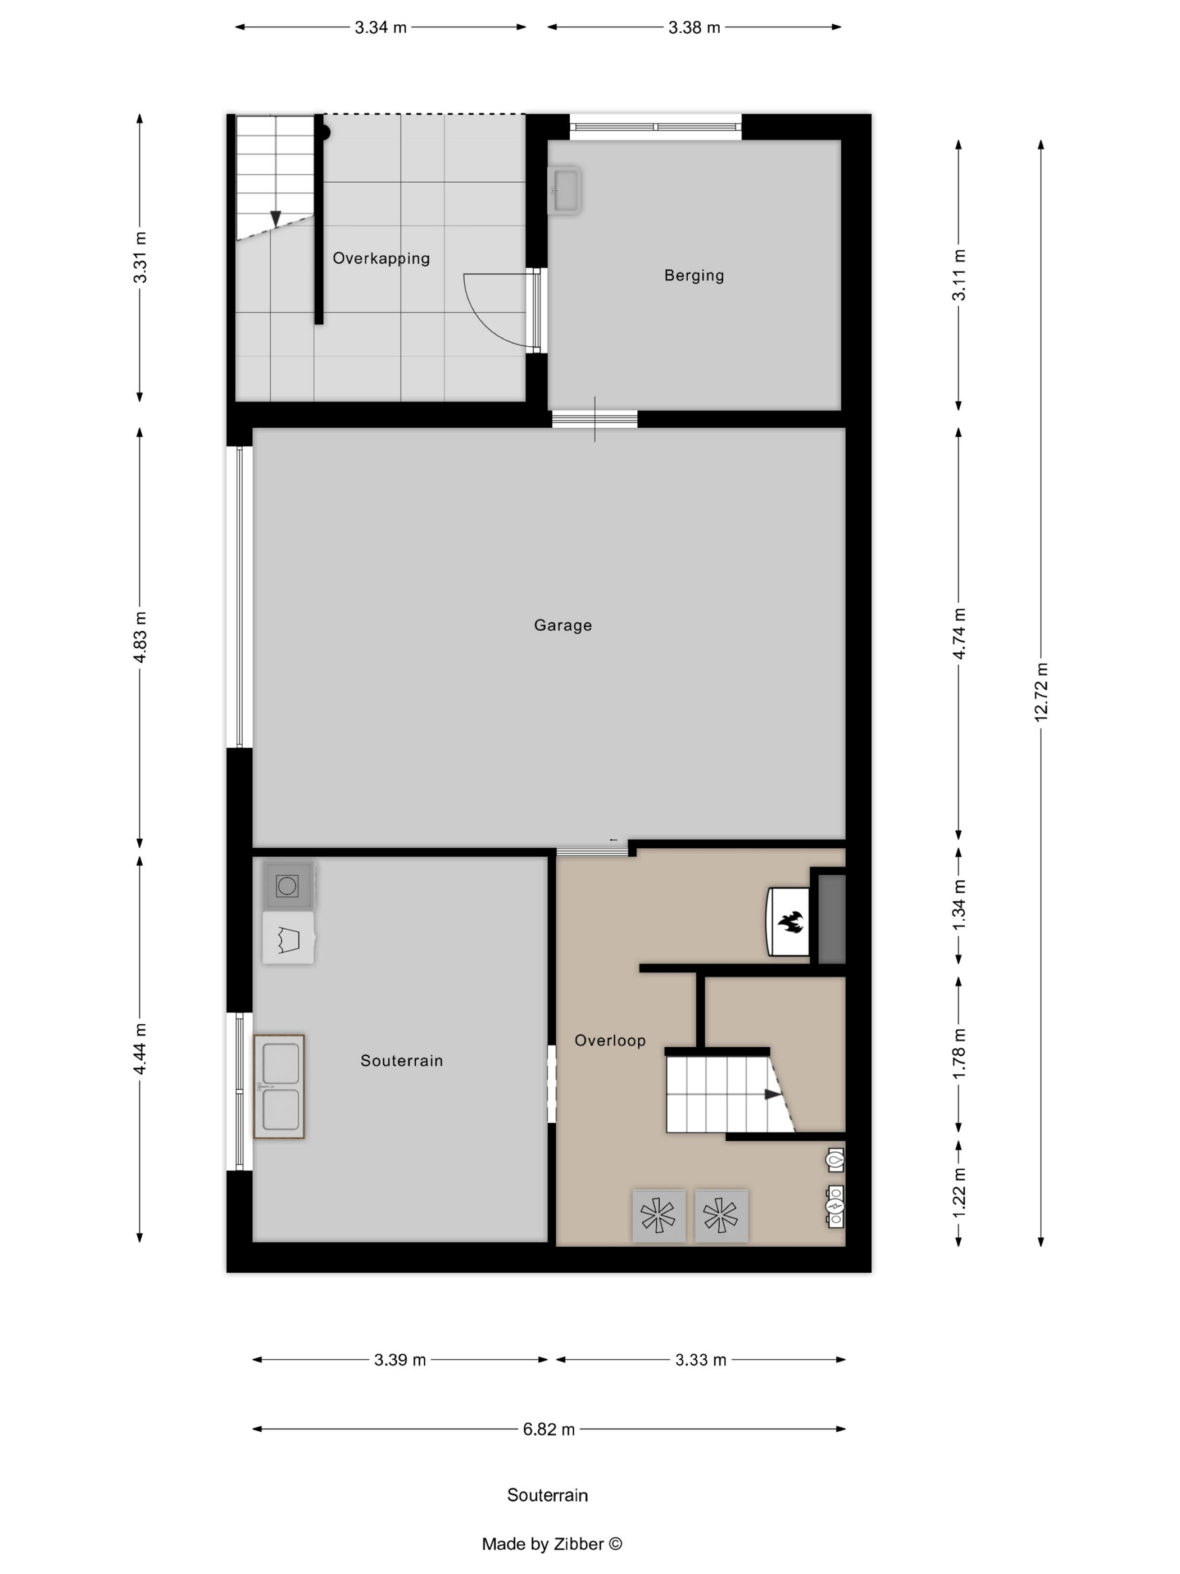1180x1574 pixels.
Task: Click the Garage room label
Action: pyautogui.click(x=562, y=626)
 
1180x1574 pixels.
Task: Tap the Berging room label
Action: pyautogui.click(x=694, y=275)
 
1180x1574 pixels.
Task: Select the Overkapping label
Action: pyautogui.click(x=381, y=258)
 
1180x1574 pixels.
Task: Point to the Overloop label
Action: pyautogui.click(x=610, y=1041)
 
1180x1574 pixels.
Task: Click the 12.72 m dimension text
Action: pyautogui.click(x=1041, y=691)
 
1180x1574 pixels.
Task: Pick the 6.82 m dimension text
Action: pyautogui.click(x=548, y=1430)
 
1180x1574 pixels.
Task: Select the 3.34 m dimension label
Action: pyautogui.click(x=380, y=28)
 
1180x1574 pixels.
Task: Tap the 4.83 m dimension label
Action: pyautogui.click(x=140, y=637)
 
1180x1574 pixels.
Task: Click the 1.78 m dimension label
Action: pyautogui.click(x=959, y=1053)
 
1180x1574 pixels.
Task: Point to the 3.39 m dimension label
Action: pyautogui.click(x=400, y=1360)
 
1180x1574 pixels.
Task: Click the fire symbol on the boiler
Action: pyautogui.click(x=790, y=923)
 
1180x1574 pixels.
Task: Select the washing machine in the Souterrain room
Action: pyautogui.click(x=287, y=886)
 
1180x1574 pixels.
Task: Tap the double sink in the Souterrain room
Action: pyautogui.click(x=279, y=1087)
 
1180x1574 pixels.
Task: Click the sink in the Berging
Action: pyautogui.click(x=565, y=190)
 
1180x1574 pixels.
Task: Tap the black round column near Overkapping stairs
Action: pyautogui.click(x=323, y=132)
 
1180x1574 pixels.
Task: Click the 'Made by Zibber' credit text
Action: pyautogui.click(x=551, y=1544)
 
